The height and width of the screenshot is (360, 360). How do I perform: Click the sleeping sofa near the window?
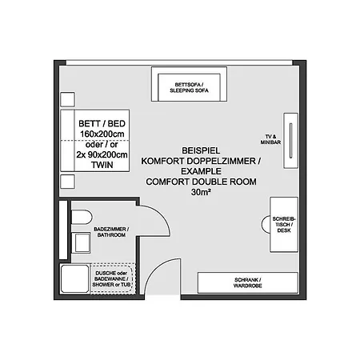[189, 84]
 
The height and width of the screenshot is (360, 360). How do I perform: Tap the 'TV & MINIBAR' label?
[270, 139]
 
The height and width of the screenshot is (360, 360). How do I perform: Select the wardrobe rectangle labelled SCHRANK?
[248, 282]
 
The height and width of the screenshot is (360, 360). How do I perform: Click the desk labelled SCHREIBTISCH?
[284, 225]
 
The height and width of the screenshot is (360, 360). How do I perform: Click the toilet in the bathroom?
[82, 217]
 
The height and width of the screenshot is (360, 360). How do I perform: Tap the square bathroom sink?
[82, 242]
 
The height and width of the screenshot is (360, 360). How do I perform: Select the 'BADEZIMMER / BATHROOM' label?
[111, 232]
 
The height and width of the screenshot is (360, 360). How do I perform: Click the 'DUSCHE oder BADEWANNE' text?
[111, 278]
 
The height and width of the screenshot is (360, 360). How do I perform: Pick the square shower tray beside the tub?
[74, 278]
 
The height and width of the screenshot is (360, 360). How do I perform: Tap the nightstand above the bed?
[67, 99]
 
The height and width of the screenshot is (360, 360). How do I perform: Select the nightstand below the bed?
[67, 182]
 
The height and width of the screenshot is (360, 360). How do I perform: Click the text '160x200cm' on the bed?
[102, 134]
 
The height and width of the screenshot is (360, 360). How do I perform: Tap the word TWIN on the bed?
[102, 165]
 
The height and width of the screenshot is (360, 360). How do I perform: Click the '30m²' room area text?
[201, 192]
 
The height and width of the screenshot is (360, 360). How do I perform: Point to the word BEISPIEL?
[201, 150]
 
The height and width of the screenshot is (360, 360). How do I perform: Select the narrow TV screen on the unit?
[290, 141]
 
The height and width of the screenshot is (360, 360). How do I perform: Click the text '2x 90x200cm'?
[102, 154]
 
